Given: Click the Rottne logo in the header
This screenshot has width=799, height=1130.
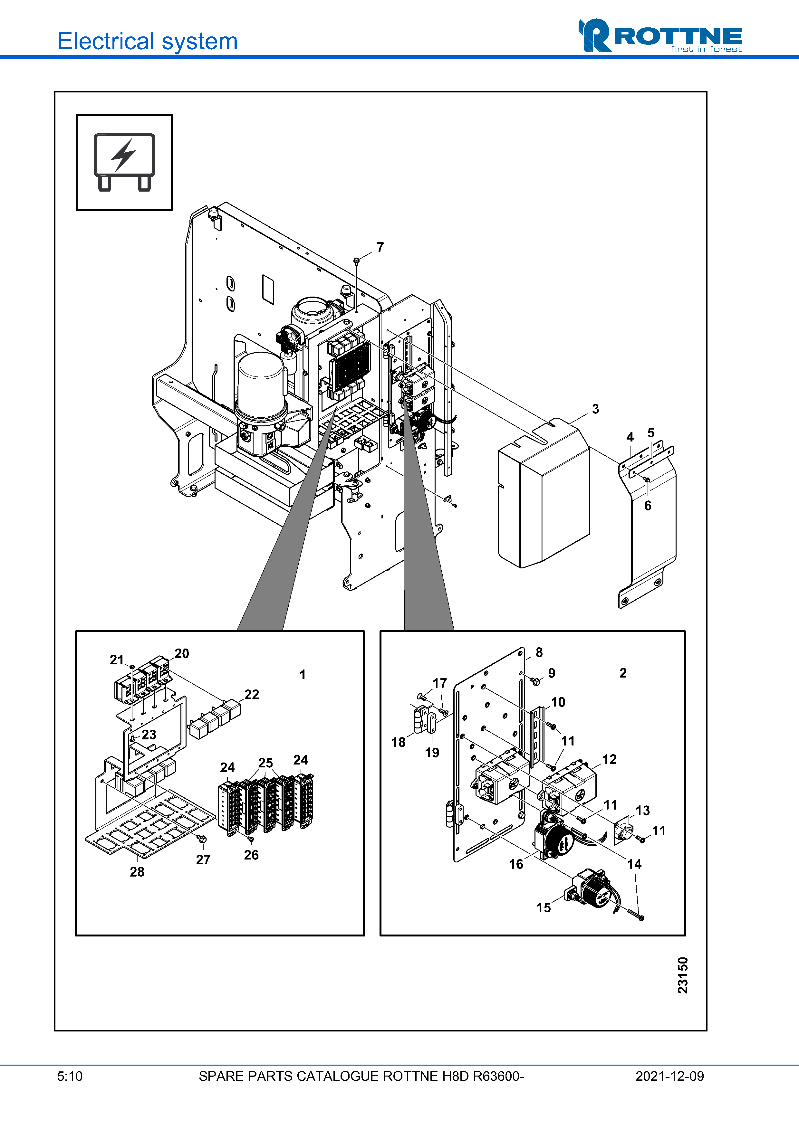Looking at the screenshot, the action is click(x=660, y=35).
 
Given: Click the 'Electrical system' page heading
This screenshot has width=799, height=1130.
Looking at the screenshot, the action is click(x=148, y=41).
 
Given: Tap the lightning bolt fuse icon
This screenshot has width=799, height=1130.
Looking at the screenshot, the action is click(x=124, y=162).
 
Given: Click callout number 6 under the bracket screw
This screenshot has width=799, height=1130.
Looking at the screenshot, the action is click(x=648, y=506).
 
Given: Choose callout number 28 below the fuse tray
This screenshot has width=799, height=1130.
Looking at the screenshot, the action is click(x=137, y=872).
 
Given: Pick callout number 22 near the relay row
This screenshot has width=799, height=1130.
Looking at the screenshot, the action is click(x=252, y=694).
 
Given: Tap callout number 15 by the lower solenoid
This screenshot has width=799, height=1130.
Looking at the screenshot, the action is click(x=544, y=907).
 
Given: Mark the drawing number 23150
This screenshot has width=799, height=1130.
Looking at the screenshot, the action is click(x=682, y=975).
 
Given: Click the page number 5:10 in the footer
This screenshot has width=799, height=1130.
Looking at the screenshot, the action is click(x=70, y=1076).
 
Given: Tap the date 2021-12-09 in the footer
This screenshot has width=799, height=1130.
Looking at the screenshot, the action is click(x=669, y=1076).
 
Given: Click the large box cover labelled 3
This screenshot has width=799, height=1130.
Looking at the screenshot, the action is click(x=544, y=494).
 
